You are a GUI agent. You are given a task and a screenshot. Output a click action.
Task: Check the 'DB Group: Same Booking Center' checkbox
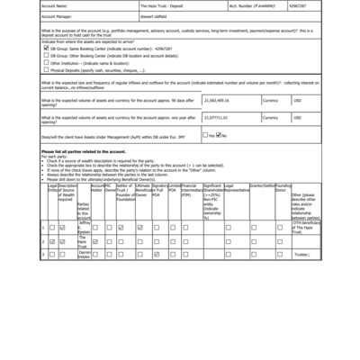(45, 48)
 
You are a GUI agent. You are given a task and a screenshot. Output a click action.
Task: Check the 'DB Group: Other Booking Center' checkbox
(45, 55)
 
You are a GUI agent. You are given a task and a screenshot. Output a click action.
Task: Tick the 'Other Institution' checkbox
(45, 63)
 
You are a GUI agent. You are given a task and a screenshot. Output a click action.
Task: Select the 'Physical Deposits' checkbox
(45, 70)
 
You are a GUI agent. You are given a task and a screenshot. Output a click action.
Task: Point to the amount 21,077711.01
(222, 116)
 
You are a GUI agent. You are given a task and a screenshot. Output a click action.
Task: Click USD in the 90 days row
(298, 100)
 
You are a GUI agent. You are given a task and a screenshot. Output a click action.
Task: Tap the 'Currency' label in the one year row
(270, 116)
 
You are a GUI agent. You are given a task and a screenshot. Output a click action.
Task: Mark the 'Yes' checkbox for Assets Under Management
(206, 135)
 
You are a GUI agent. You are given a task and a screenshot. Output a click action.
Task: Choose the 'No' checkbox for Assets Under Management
(219, 135)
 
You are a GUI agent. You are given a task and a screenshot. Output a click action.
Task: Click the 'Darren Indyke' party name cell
(84, 254)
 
